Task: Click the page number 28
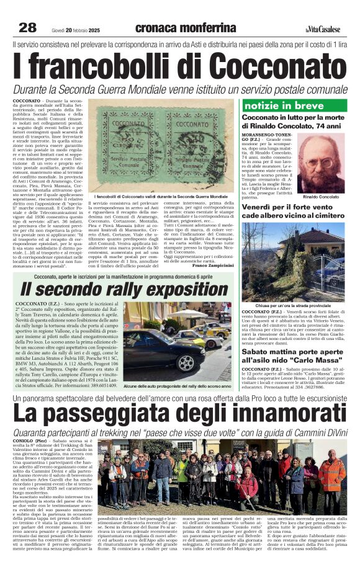27,27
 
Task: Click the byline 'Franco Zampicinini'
212,265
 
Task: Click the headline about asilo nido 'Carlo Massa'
295,355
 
